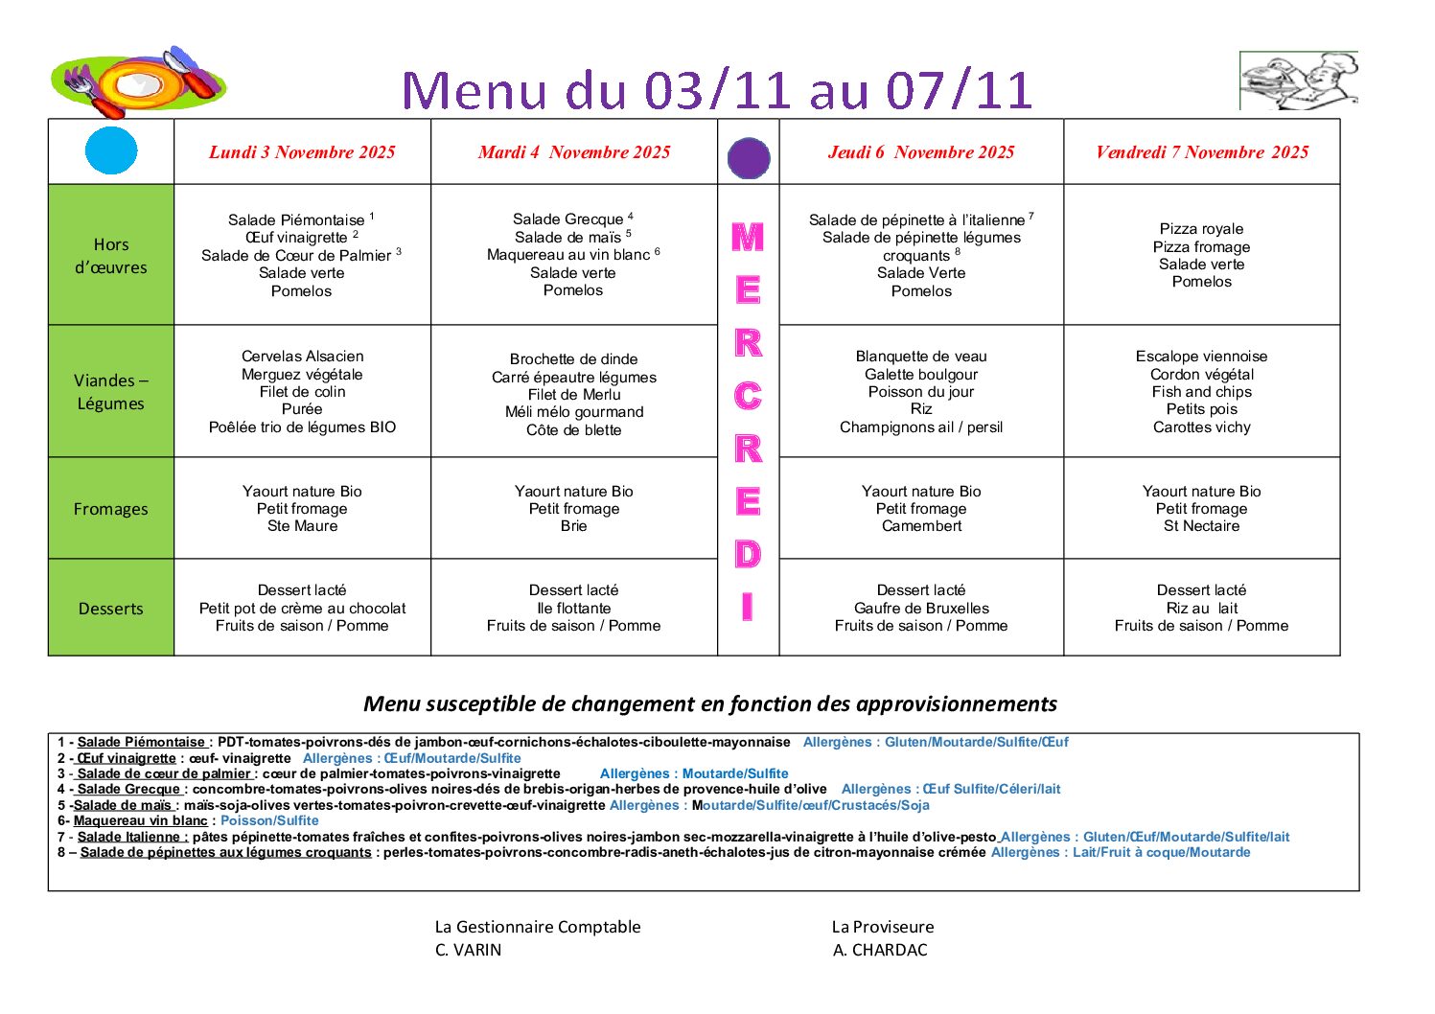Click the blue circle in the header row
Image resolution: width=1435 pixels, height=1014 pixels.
(x=111, y=150)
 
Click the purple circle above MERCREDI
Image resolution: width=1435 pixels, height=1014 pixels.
(x=749, y=158)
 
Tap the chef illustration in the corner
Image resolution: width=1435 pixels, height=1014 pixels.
(x=1299, y=81)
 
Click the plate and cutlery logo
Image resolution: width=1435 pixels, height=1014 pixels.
(x=139, y=81)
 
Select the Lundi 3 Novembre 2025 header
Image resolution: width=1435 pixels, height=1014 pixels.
(x=302, y=152)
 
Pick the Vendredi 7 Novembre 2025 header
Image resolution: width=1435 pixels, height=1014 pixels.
(x=1202, y=152)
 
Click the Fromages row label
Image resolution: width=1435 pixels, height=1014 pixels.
(x=111, y=509)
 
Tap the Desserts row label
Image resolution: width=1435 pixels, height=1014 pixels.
(x=111, y=609)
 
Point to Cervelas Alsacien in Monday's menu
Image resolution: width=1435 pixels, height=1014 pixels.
(x=302, y=357)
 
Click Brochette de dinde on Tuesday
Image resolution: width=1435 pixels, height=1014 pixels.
(x=574, y=359)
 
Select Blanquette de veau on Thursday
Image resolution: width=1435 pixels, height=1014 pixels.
(x=921, y=357)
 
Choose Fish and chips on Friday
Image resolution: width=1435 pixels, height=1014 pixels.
(x=1202, y=392)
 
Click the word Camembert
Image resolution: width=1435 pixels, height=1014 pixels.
(x=921, y=526)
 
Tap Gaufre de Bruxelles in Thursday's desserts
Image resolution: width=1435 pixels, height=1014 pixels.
(x=921, y=609)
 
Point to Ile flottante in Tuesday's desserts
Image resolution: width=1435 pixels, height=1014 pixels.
(x=574, y=609)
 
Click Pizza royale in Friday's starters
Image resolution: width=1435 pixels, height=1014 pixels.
(x=1202, y=229)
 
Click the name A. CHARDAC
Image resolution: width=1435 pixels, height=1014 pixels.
(x=880, y=950)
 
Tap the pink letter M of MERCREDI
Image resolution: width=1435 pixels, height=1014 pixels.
(x=748, y=237)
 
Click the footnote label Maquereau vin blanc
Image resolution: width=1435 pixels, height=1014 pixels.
(x=141, y=820)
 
